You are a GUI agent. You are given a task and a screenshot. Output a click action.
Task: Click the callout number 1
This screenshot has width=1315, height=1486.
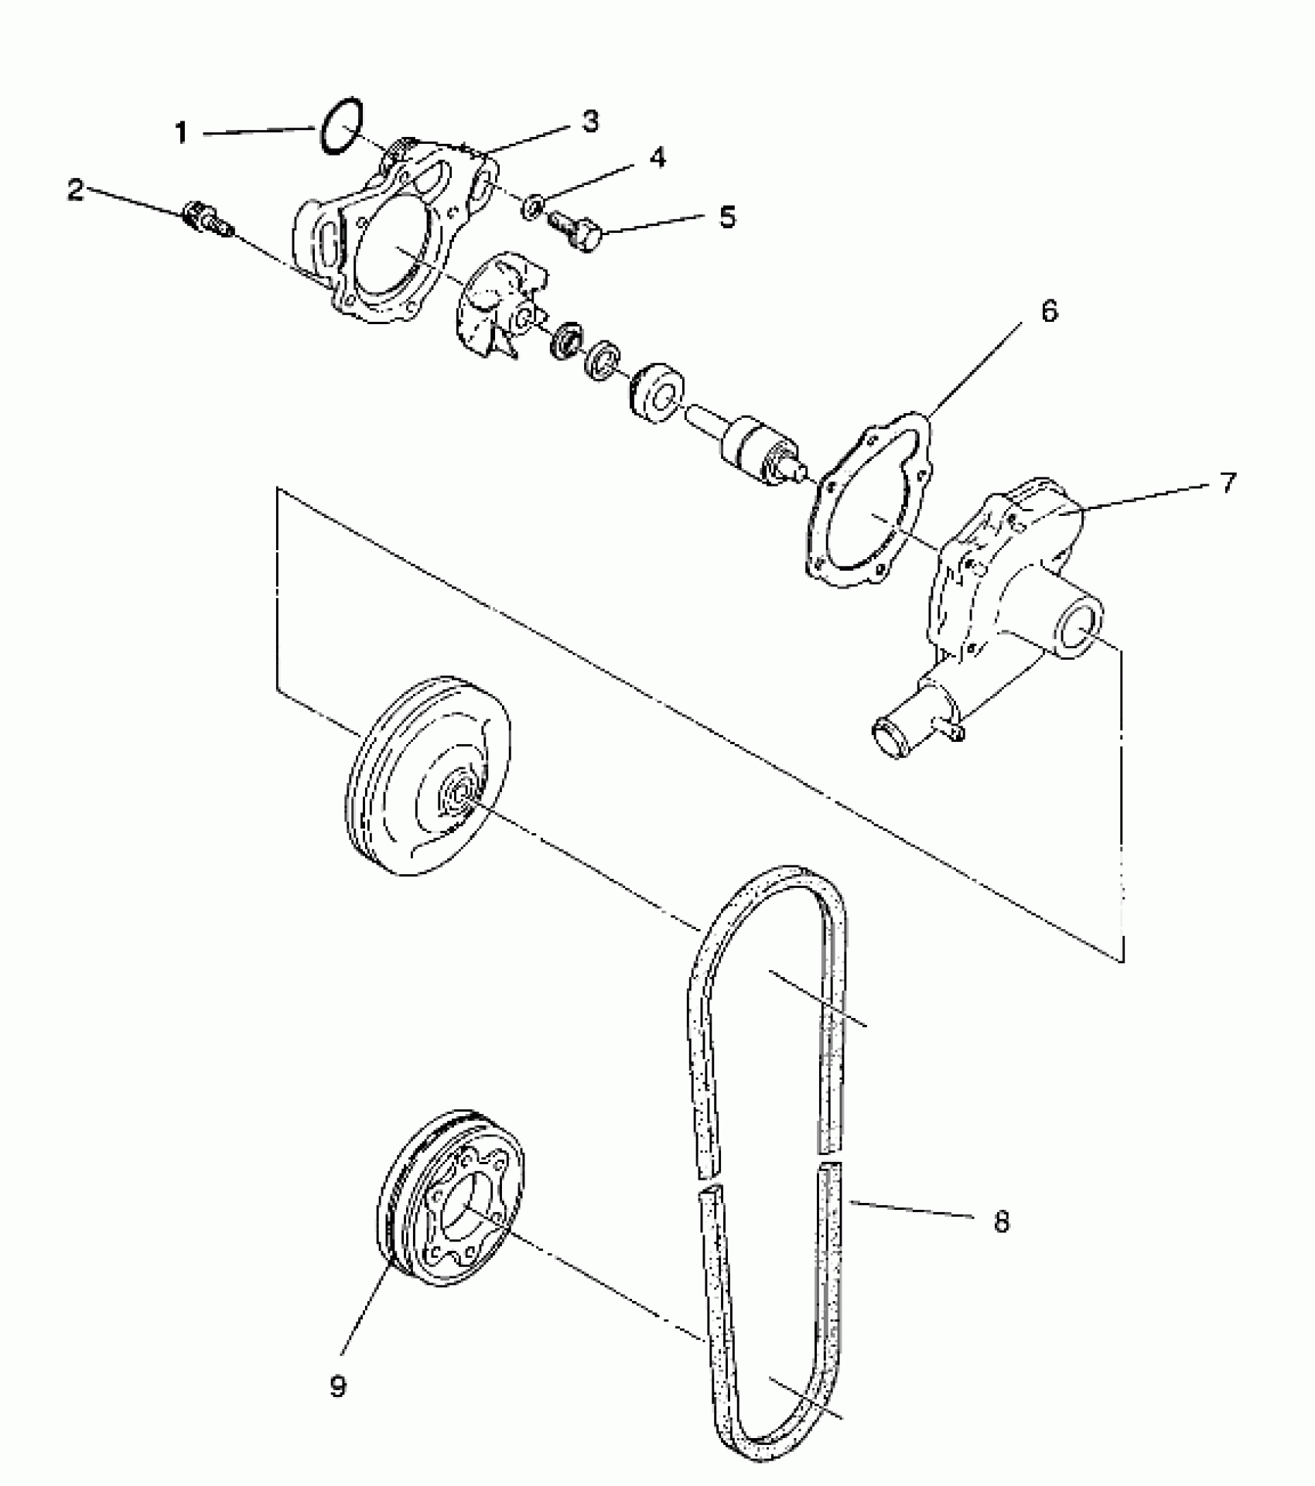[182, 133]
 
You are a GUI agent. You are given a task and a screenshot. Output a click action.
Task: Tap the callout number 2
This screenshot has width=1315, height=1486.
[75, 190]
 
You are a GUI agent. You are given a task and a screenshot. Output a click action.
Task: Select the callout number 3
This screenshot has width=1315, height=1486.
[590, 121]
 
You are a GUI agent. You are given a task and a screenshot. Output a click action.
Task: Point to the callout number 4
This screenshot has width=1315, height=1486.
[656, 157]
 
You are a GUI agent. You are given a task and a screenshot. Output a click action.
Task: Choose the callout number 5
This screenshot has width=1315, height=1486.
[727, 217]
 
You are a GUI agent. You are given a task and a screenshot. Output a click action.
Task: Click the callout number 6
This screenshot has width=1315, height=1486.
[1048, 311]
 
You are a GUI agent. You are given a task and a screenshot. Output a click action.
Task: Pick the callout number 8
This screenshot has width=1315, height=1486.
[1001, 1222]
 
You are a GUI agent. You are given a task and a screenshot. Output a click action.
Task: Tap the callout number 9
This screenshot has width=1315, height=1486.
[338, 1385]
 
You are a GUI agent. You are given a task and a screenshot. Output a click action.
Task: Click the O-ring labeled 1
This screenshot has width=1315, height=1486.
[341, 125]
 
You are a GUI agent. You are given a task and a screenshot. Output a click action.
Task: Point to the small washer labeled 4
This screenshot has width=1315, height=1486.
[531, 207]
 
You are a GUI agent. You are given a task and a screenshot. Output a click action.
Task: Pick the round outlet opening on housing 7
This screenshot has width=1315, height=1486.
[1078, 636]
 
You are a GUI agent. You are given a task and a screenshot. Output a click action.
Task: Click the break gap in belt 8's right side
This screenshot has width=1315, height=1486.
[831, 1160]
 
